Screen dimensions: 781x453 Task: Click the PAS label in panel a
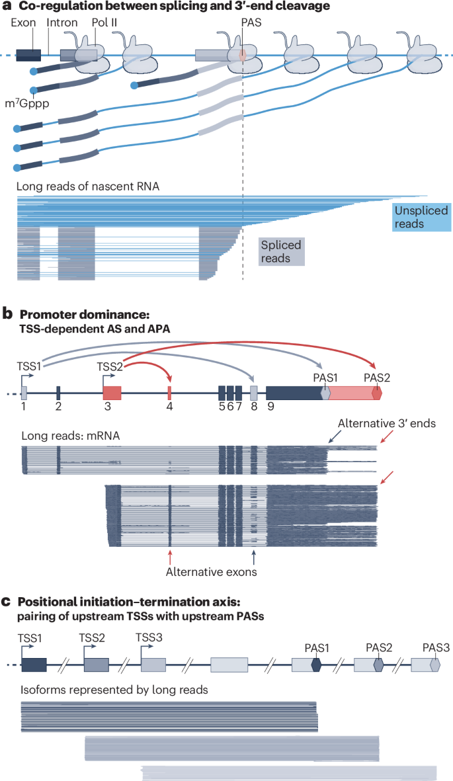point(243,22)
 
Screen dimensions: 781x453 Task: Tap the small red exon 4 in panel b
point(169,391)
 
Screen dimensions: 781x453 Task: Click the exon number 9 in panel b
point(270,406)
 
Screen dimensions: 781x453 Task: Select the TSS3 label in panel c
point(147,637)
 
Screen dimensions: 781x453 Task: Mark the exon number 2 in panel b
point(58,406)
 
